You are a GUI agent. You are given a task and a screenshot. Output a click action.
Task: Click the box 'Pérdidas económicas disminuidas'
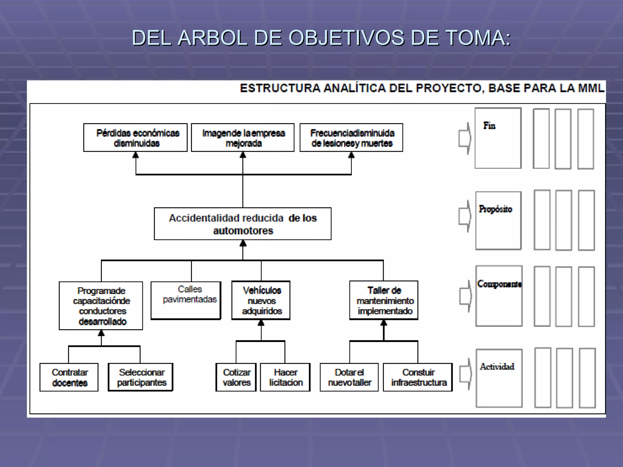coord(135,137)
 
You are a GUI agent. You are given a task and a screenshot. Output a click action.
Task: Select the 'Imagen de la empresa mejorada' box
coord(243,137)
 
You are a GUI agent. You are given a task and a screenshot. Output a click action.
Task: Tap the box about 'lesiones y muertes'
coord(351,137)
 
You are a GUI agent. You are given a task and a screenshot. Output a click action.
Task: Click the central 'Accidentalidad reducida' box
coord(243,224)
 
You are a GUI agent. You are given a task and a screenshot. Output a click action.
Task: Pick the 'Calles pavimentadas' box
coord(186,300)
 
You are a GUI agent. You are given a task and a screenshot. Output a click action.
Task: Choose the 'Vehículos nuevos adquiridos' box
coord(261,300)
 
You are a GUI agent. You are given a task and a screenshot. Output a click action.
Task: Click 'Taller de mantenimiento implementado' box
coord(384,300)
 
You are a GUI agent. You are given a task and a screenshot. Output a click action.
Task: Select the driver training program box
coord(101,306)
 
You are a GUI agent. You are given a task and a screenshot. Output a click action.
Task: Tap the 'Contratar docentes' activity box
coord(69,377)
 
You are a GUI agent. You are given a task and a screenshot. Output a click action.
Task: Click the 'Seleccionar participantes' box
coord(141,377)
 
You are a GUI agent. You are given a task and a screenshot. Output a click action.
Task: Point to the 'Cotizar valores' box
coord(236,377)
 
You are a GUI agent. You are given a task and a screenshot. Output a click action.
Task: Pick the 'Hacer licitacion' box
coord(285,377)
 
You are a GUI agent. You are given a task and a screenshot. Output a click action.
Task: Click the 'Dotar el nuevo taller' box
coord(349,377)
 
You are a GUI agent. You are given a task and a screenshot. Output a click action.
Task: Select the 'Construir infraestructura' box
coord(418,377)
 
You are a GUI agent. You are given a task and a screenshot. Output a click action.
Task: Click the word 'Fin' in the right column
coord(489,126)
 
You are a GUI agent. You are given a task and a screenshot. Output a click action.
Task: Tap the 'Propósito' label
coord(495,209)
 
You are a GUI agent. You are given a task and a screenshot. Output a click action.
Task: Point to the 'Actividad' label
coord(497,366)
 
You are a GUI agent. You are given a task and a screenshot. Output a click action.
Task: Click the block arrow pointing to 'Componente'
coord(465,296)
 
